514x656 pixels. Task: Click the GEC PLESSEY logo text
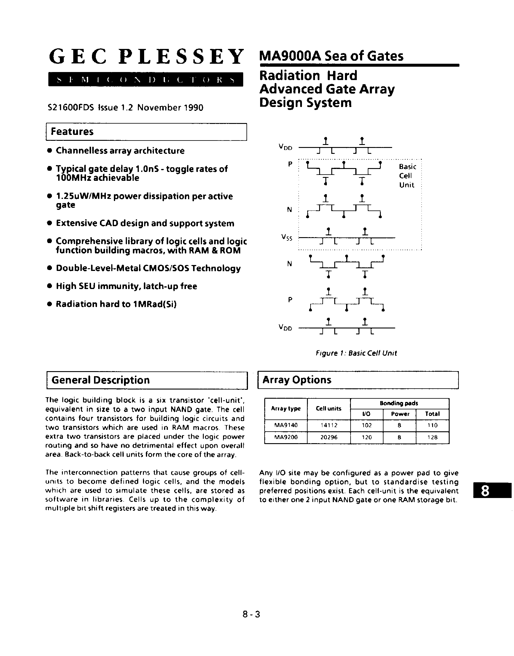pyautogui.click(x=146, y=57)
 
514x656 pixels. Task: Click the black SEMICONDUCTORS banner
pyautogui.click(x=146, y=80)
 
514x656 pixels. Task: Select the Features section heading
pyautogui.click(x=72, y=132)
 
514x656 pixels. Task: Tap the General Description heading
pyautogui.click(x=101, y=380)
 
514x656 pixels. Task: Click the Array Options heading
pyautogui.click(x=297, y=380)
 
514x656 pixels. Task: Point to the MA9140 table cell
pyautogui.click(x=286, y=425)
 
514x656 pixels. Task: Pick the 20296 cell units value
pyautogui.click(x=329, y=437)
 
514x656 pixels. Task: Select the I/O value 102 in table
pyautogui.click(x=367, y=425)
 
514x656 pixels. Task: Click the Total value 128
pyautogui.click(x=432, y=437)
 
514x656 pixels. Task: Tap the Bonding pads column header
pyautogui.click(x=399, y=403)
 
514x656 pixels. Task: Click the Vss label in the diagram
pyautogui.click(x=287, y=238)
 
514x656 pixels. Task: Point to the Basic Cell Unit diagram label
pyautogui.click(x=408, y=176)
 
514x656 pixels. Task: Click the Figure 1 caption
pyautogui.click(x=356, y=353)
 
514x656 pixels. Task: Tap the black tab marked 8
pyautogui.click(x=492, y=491)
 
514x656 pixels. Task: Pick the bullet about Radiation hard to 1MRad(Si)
pyautogui.click(x=116, y=304)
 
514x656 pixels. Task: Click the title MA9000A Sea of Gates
pyautogui.click(x=331, y=56)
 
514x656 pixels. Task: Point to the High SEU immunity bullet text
pyautogui.click(x=126, y=286)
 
